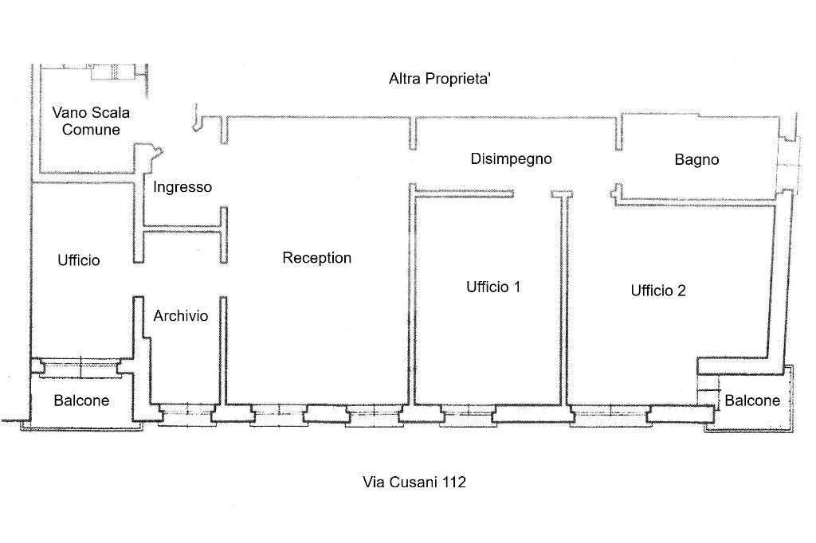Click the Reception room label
coord(316,258)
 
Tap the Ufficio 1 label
coord(493,287)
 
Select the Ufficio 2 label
coord(658,291)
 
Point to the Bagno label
coord(696,160)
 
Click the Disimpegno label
coord(511,158)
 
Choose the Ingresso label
coord(182,188)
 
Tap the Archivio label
coord(181,316)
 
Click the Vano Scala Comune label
coord(91,121)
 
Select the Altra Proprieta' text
coord(444,78)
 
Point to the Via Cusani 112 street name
coord(414,482)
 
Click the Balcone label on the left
coord(81,400)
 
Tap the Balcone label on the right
coord(752,400)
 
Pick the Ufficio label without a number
coord(79,260)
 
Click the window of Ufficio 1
coord(465,412)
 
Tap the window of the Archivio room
coord(186,412)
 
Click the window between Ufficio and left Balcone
coord(80,365)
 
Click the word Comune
coord(91,130)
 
